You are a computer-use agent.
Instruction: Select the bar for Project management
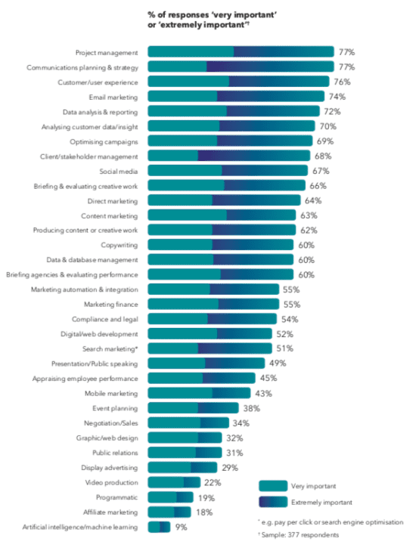click(x=241, y=52)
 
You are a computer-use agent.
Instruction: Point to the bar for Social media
click(x=227, y=171)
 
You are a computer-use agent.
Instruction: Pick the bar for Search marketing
click(x=210, y=348)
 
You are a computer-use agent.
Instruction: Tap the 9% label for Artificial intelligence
click(x=182, y=527)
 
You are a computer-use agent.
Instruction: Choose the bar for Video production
click(x=174, y=482)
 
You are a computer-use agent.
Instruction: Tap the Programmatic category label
click(x=117, y=497)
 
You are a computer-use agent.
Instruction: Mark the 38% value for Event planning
click(x=253, y=408)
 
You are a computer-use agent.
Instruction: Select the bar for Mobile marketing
click(x=199, y=393)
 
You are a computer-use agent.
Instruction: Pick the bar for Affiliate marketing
click(x=169, y=512)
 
